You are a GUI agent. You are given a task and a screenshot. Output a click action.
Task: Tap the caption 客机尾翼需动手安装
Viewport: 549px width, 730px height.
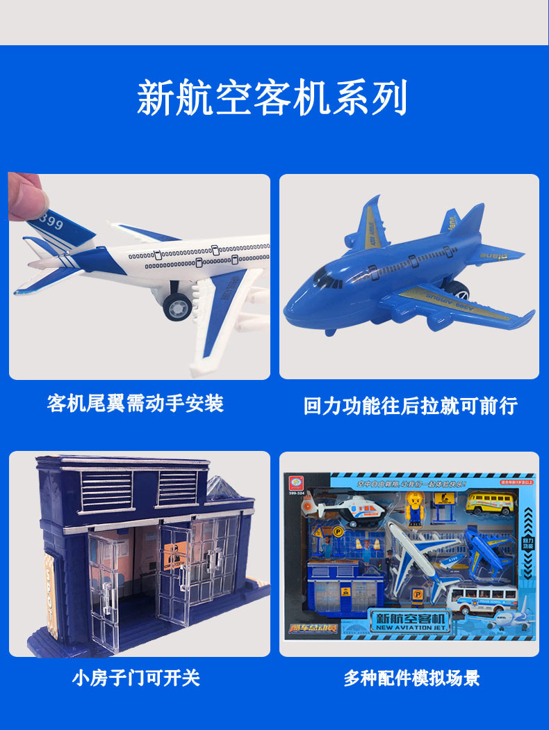tap(136, 403)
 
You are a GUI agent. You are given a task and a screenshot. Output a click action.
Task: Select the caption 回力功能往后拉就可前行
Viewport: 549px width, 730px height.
tap(410, 406)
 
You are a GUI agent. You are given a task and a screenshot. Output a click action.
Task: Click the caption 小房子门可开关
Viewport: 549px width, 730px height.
tap(136, 677)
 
